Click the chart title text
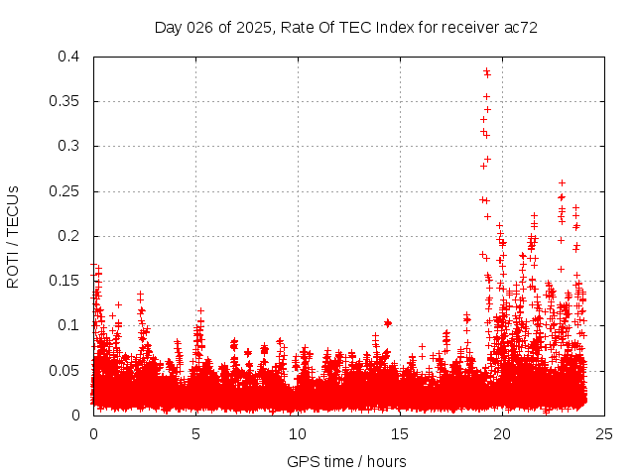click(346, 27)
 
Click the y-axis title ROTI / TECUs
click(13, 236)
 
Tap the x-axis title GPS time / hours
click(346, 461)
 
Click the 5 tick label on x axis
click(195, 433)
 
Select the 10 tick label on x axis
click(298, 433)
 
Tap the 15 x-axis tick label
click(400, 433)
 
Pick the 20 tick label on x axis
click(502, 433)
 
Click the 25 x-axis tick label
click(604, 433)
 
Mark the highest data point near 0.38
click(486, 71)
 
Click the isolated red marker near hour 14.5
click(388, 322)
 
